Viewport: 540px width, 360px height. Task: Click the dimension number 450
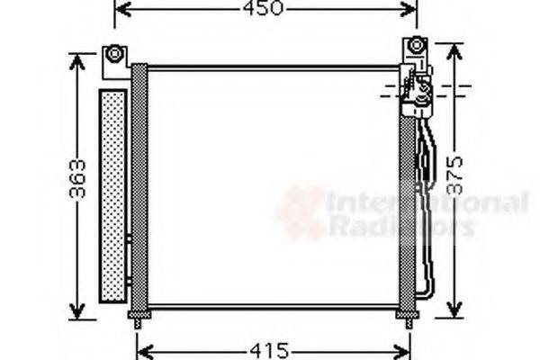pyautogui.click(x=265, y=9)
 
